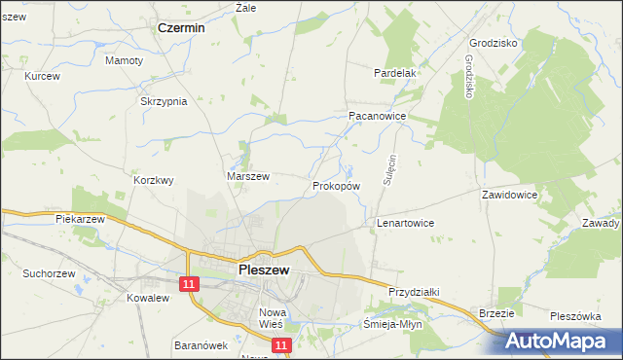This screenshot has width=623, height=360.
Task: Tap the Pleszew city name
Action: pos(263,271)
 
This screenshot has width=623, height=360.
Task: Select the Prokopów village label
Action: pos(337,185)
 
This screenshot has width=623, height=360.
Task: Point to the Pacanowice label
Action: pos(377,115)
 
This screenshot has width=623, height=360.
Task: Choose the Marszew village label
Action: pos(247,176)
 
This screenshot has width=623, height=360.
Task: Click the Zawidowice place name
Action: pos(510,195)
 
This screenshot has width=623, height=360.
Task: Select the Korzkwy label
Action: pos(153,180)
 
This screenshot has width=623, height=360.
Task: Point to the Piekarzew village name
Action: pos(80,219)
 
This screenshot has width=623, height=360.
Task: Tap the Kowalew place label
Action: pos(149,298)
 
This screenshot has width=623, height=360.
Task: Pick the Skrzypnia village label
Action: pos(164,101)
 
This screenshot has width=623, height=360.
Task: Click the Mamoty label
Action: pos(124,60)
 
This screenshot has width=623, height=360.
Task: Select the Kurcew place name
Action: pos(43,76)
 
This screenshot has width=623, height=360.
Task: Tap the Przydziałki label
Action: pos(416,291)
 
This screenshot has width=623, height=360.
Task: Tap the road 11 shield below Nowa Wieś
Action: pos(280,345)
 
